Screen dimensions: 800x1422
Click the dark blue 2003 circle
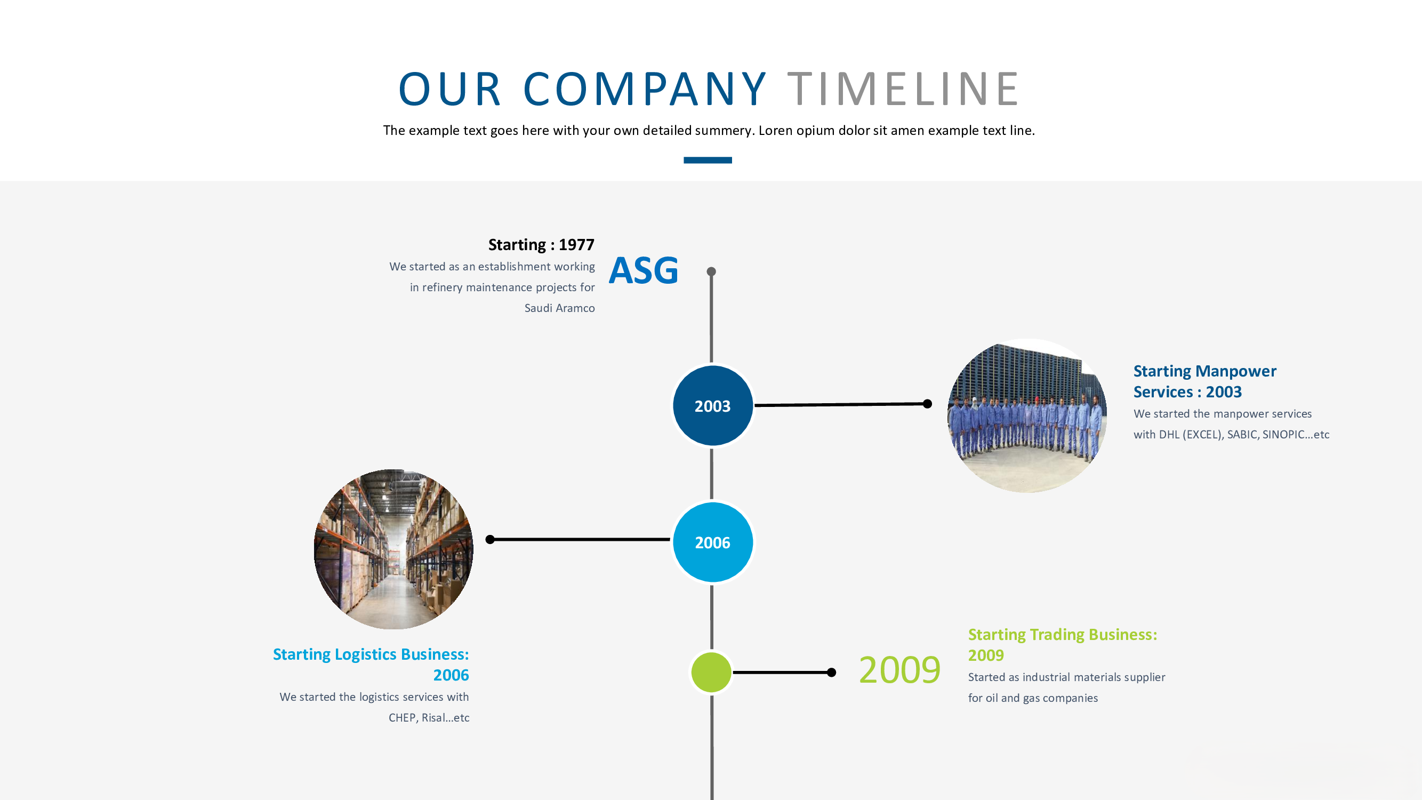tap(712, 406)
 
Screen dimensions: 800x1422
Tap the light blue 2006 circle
tap(712, 542)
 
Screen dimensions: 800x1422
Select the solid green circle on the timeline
tap(711, 672)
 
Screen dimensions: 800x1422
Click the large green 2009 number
tap(899, 670)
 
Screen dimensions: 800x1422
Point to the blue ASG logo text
tap(644, 270)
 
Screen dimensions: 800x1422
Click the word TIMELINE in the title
tap(903, 89)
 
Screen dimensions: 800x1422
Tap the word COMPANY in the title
tap(644, 89)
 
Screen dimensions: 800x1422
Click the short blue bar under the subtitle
tap(707, 160)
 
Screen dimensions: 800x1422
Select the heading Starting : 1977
tap(541, 245)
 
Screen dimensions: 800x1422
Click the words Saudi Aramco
tap(559, 308)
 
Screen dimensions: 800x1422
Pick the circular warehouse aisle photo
tap(393, 549)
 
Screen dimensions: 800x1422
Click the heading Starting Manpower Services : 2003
tap(1204, 381)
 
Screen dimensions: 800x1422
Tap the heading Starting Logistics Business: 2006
tap(371, 664)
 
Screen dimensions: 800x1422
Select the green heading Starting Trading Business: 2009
tap(1062, 644)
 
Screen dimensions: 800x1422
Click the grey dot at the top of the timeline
tap(711, 271)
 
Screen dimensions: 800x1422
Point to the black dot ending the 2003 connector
tap(927, 404)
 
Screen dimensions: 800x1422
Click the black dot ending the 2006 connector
tap(489, 539)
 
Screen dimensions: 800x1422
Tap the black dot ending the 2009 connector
tap(831, 672)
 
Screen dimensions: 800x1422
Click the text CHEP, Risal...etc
tap(428, 718)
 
